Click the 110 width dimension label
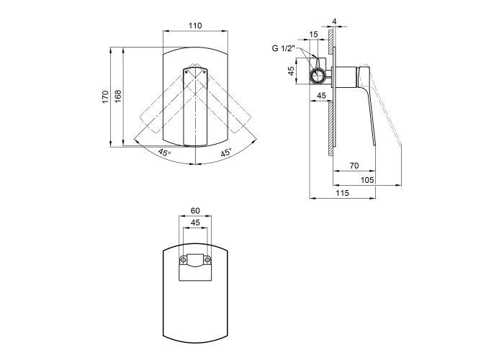195,25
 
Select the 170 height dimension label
106,96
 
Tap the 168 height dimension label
118,96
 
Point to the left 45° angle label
164,153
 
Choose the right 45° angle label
226,153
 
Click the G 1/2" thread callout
283,48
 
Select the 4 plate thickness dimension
334,22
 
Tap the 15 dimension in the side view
313,34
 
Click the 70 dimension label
354,166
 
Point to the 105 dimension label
367,180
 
